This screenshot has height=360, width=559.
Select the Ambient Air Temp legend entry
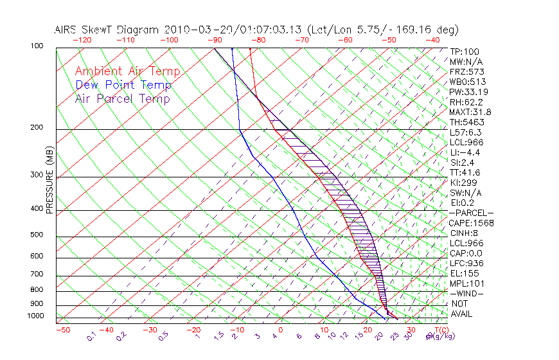127,71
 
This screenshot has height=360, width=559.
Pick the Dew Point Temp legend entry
123,85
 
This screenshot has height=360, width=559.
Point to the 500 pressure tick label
37,235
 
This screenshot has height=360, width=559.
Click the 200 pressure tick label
37,128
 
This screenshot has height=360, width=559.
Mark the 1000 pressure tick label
35,316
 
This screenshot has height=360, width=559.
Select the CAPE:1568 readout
470,223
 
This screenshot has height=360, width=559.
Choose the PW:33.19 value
468,92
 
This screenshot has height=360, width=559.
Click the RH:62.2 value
466,102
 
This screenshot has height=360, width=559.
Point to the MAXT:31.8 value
470,112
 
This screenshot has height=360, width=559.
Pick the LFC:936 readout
466,264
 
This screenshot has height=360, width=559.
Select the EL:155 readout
464,273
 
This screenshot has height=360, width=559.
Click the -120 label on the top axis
82,40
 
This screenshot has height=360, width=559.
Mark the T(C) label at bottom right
442,330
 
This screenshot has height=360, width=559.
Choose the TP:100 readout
465,52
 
